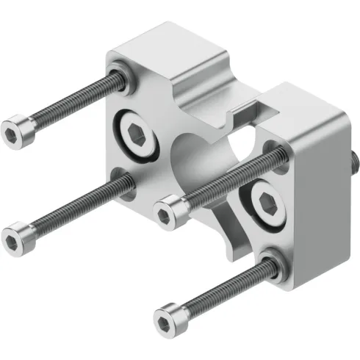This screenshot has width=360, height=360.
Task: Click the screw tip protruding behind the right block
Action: (353, 159)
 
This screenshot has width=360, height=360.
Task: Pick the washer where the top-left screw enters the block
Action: (119, 73)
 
